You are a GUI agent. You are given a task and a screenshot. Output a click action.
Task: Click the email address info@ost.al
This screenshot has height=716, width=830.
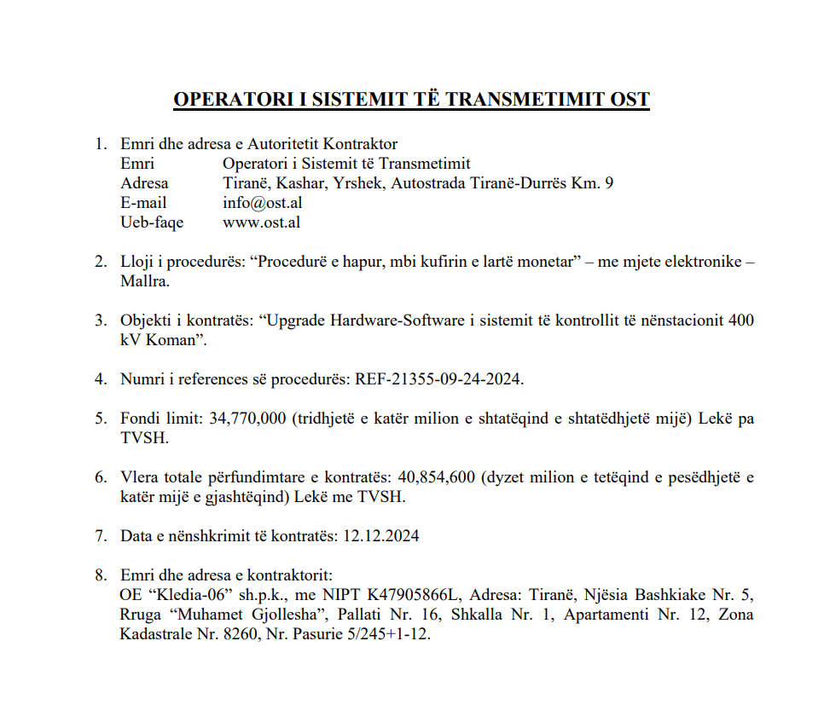262,203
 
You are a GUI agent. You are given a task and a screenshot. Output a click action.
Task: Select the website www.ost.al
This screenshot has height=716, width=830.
261,222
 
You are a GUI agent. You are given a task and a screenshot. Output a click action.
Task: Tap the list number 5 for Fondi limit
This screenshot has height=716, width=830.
101,419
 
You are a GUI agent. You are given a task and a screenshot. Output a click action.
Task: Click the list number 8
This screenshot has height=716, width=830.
101,575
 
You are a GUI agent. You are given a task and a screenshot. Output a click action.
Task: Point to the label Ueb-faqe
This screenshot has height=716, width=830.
152,222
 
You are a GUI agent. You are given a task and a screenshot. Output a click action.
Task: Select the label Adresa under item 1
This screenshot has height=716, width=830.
144,183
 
